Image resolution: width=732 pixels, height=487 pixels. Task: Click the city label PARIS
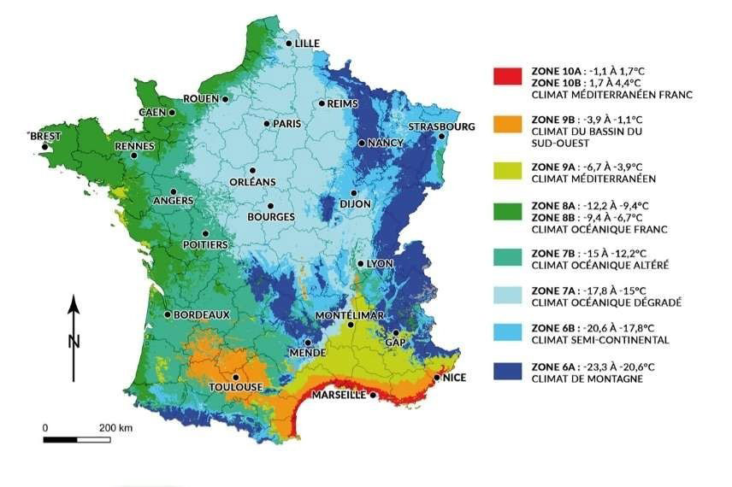[x=288, y=124]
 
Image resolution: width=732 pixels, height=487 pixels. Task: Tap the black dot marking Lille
[x=290, y=43]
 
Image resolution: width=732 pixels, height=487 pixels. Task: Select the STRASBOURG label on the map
[x=441, y=126]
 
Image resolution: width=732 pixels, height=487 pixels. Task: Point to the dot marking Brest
[x=44, y=147]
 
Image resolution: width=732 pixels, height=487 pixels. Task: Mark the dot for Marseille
[x=373, y=396]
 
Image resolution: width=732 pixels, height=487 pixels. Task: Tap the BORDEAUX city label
[x=202, y=314]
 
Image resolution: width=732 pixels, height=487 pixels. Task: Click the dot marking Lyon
[x=361, y=264]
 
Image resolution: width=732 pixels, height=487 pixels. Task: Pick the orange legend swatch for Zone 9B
[x=507, y=124]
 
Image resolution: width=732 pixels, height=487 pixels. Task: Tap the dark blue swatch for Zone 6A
[x=507, y=371]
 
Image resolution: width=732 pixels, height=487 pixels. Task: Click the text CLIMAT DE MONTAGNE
[x=586, y=378]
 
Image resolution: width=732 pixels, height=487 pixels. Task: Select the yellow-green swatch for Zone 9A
[x=507, y=172]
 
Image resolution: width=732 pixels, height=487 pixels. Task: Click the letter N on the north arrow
[x=74, y=342]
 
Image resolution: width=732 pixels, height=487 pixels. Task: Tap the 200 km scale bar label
[x=115, y=426]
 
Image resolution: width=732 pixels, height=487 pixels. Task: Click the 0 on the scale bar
[x=45, y=426]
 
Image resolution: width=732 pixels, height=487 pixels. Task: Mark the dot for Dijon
[x=353, y=193]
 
